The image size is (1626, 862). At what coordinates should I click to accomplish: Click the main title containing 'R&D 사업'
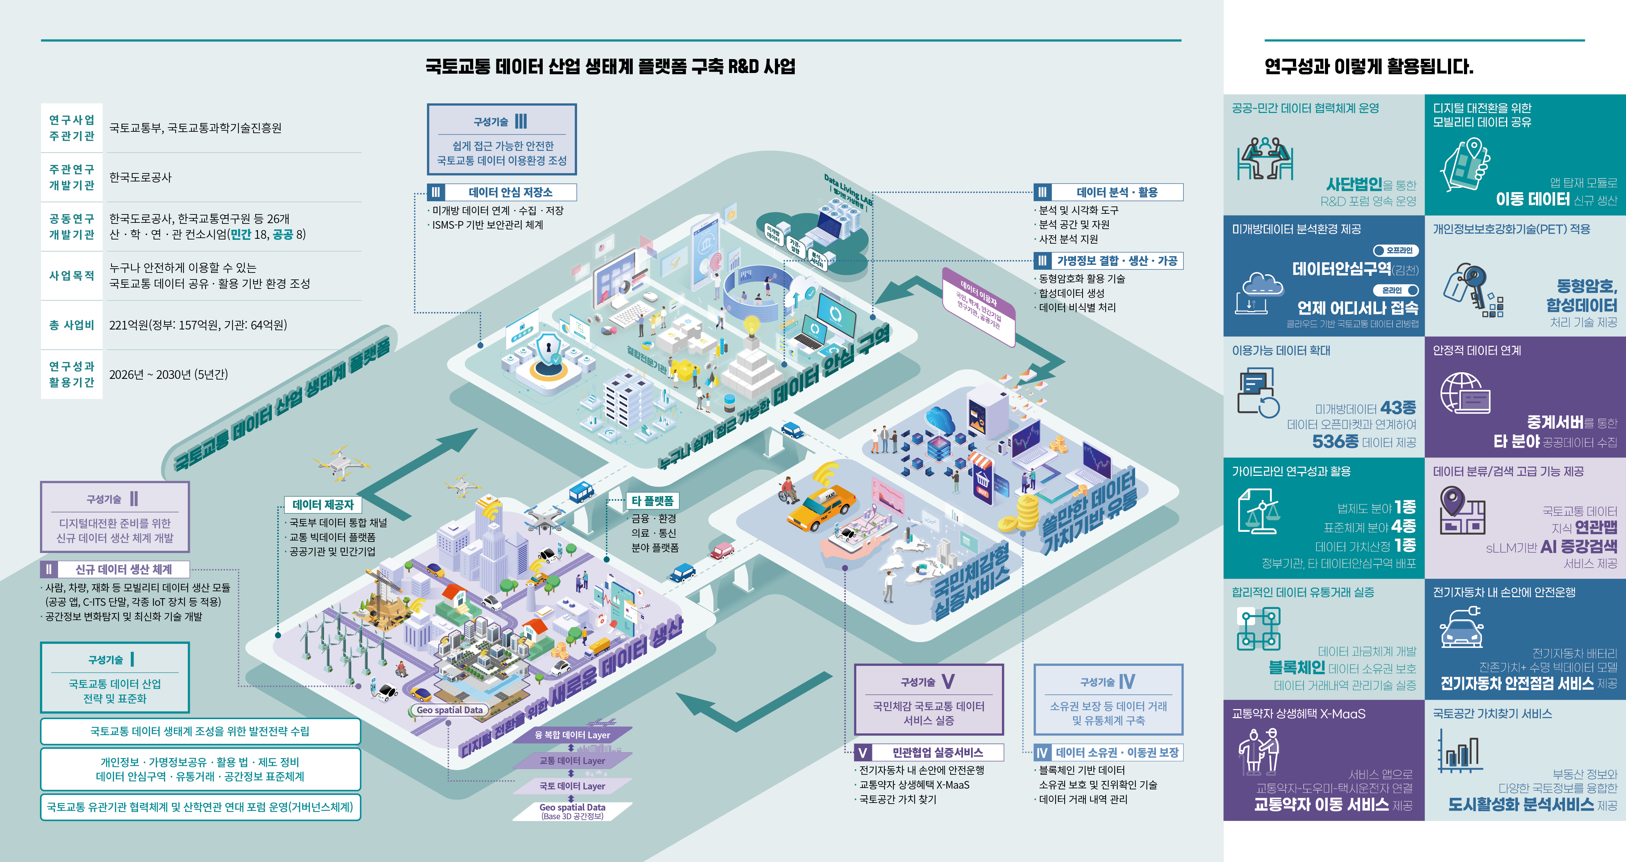610,66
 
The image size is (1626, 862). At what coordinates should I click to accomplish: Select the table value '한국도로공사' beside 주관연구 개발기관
140,177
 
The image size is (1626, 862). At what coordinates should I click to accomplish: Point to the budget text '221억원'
128,325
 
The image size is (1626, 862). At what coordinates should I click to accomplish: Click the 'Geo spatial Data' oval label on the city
450,710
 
